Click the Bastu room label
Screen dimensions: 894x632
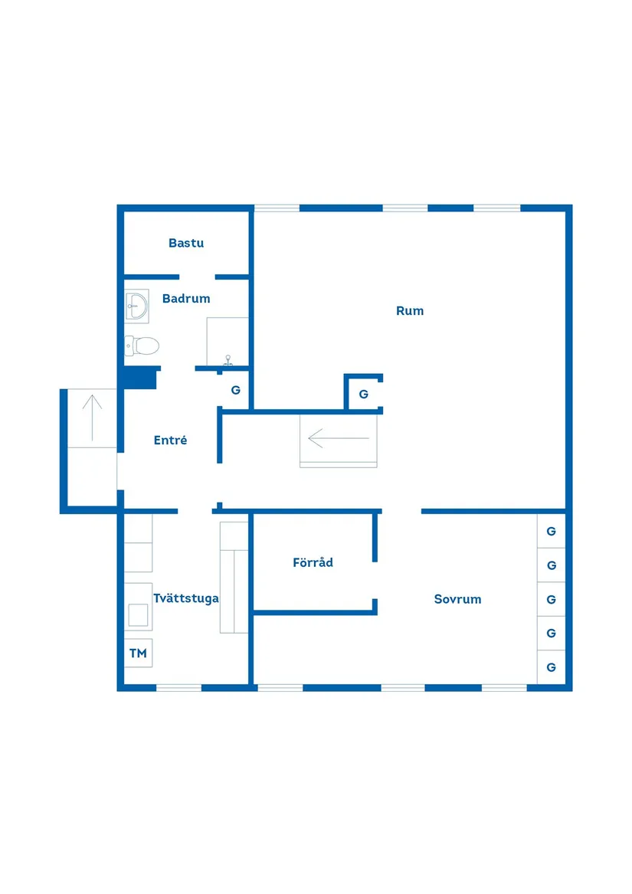click(186, 244)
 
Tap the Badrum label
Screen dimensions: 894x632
click(186, 299)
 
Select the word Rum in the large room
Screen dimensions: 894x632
click(410, 311)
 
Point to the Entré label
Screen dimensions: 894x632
click(170, 440)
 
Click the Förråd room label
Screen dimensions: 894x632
click(313, 563)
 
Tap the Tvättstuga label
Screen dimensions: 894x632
click(185, 598)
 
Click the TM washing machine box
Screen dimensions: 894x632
click(138, 653)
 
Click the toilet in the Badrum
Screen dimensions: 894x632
click(142, 346)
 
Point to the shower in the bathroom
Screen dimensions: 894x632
click(228, 342)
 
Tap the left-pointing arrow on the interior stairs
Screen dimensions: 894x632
click(338, 439)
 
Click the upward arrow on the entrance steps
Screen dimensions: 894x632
click(92, 417)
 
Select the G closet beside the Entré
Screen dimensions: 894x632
click(236, 390)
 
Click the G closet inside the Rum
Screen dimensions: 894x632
click(363, 395)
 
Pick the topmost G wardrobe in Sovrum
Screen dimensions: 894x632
click(551, 531)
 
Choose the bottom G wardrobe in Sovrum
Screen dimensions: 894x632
click(551, 667)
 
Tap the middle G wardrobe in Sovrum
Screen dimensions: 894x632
click(551, 599)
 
